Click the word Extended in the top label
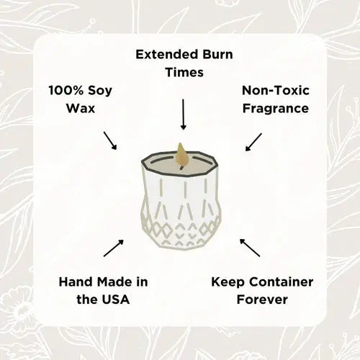tap(167, 55)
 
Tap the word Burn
tap(218, 55)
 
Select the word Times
tap(184, 72)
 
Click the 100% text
tap(66, 91)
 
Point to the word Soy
tap(100, 91)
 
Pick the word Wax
tap(81, 108)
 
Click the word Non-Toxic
tap(276, 91)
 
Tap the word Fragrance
tap(276, 109)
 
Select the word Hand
tap(76, 282)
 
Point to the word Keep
tap(228, 282)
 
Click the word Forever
tap(262, 300)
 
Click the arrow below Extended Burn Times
tap(184, 114)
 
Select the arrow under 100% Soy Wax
tap(110, 140)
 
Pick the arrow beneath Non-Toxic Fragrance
tap(253, 142)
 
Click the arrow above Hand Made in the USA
tap(114, 248)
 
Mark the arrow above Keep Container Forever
tap(250, 248)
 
